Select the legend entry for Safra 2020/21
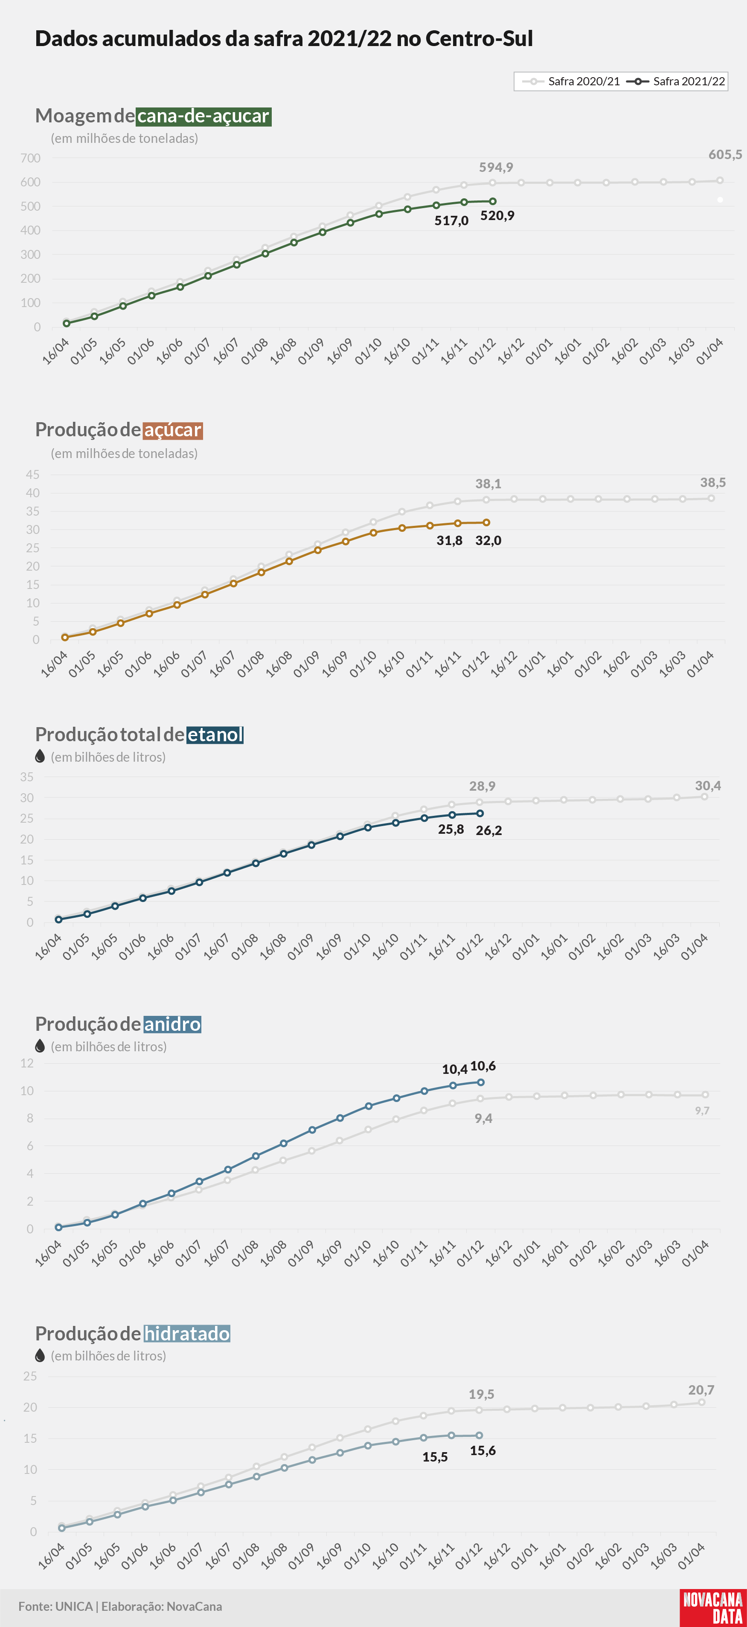click(x=571, y=81)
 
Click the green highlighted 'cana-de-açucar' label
click(x=203, y=116)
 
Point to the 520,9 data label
click(x=497, y=215)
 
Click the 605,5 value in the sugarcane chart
click(x=725, y=155)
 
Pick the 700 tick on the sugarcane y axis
click(x=30, y=158)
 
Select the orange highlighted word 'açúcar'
click(x=172, y=430)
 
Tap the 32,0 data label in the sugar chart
click(x=488, y=541)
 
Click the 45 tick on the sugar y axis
click(x=33, y=474)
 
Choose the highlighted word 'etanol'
click(x=215, y=734)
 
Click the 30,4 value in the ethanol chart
click(x=708, y=786)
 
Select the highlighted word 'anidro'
click(x=172, y=1024)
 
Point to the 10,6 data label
click(x=483, y=1066)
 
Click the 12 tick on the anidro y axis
click(x=27, y=1063)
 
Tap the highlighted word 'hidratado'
click(x=186, y=1333)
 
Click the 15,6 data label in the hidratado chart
click(x=483, y=1451)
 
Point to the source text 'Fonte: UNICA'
click(x=55, y=1606)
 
